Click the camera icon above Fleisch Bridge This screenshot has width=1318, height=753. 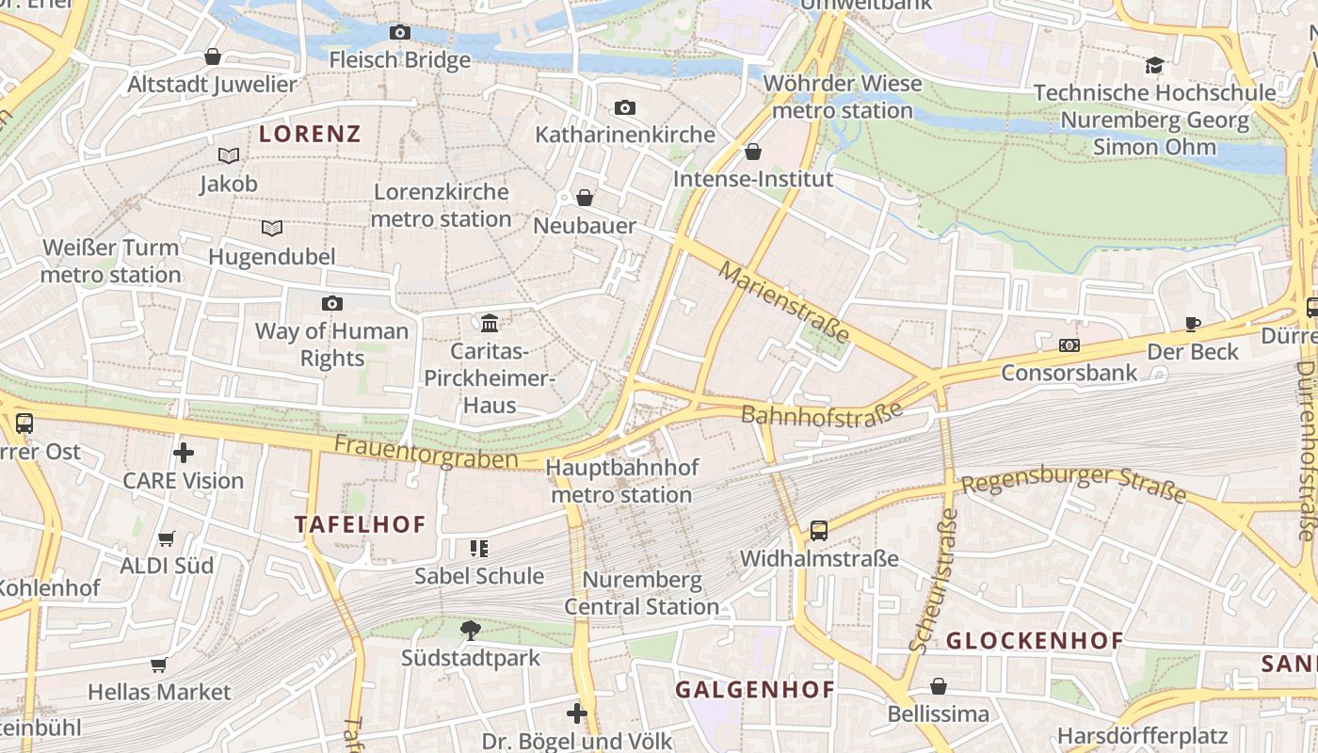click(400, 33)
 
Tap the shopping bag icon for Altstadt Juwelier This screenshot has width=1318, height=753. click(213, 56)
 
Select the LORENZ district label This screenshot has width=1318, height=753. click(310, 134)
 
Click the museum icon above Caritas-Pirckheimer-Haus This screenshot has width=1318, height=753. click(490, 324)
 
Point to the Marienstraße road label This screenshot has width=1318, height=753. click(784, 302)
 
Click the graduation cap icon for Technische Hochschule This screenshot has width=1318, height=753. click(1154, 65)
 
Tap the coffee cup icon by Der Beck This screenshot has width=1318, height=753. click(1193, 325)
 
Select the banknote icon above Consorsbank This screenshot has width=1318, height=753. click(1069, 345)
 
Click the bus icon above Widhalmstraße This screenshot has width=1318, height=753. click(819, 531)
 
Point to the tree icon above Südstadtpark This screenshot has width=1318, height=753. click(471, 630)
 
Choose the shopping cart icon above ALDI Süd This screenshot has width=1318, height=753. click(167, 538)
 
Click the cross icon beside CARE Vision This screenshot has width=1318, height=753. click(184, 453)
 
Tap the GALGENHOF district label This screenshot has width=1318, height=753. click(755, 690)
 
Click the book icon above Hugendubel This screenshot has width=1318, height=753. click(272, 228)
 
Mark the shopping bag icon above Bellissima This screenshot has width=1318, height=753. click(939, 686)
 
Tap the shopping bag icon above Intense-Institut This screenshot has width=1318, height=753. click(753, 152)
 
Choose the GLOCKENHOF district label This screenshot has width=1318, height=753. click(1035, 641)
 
